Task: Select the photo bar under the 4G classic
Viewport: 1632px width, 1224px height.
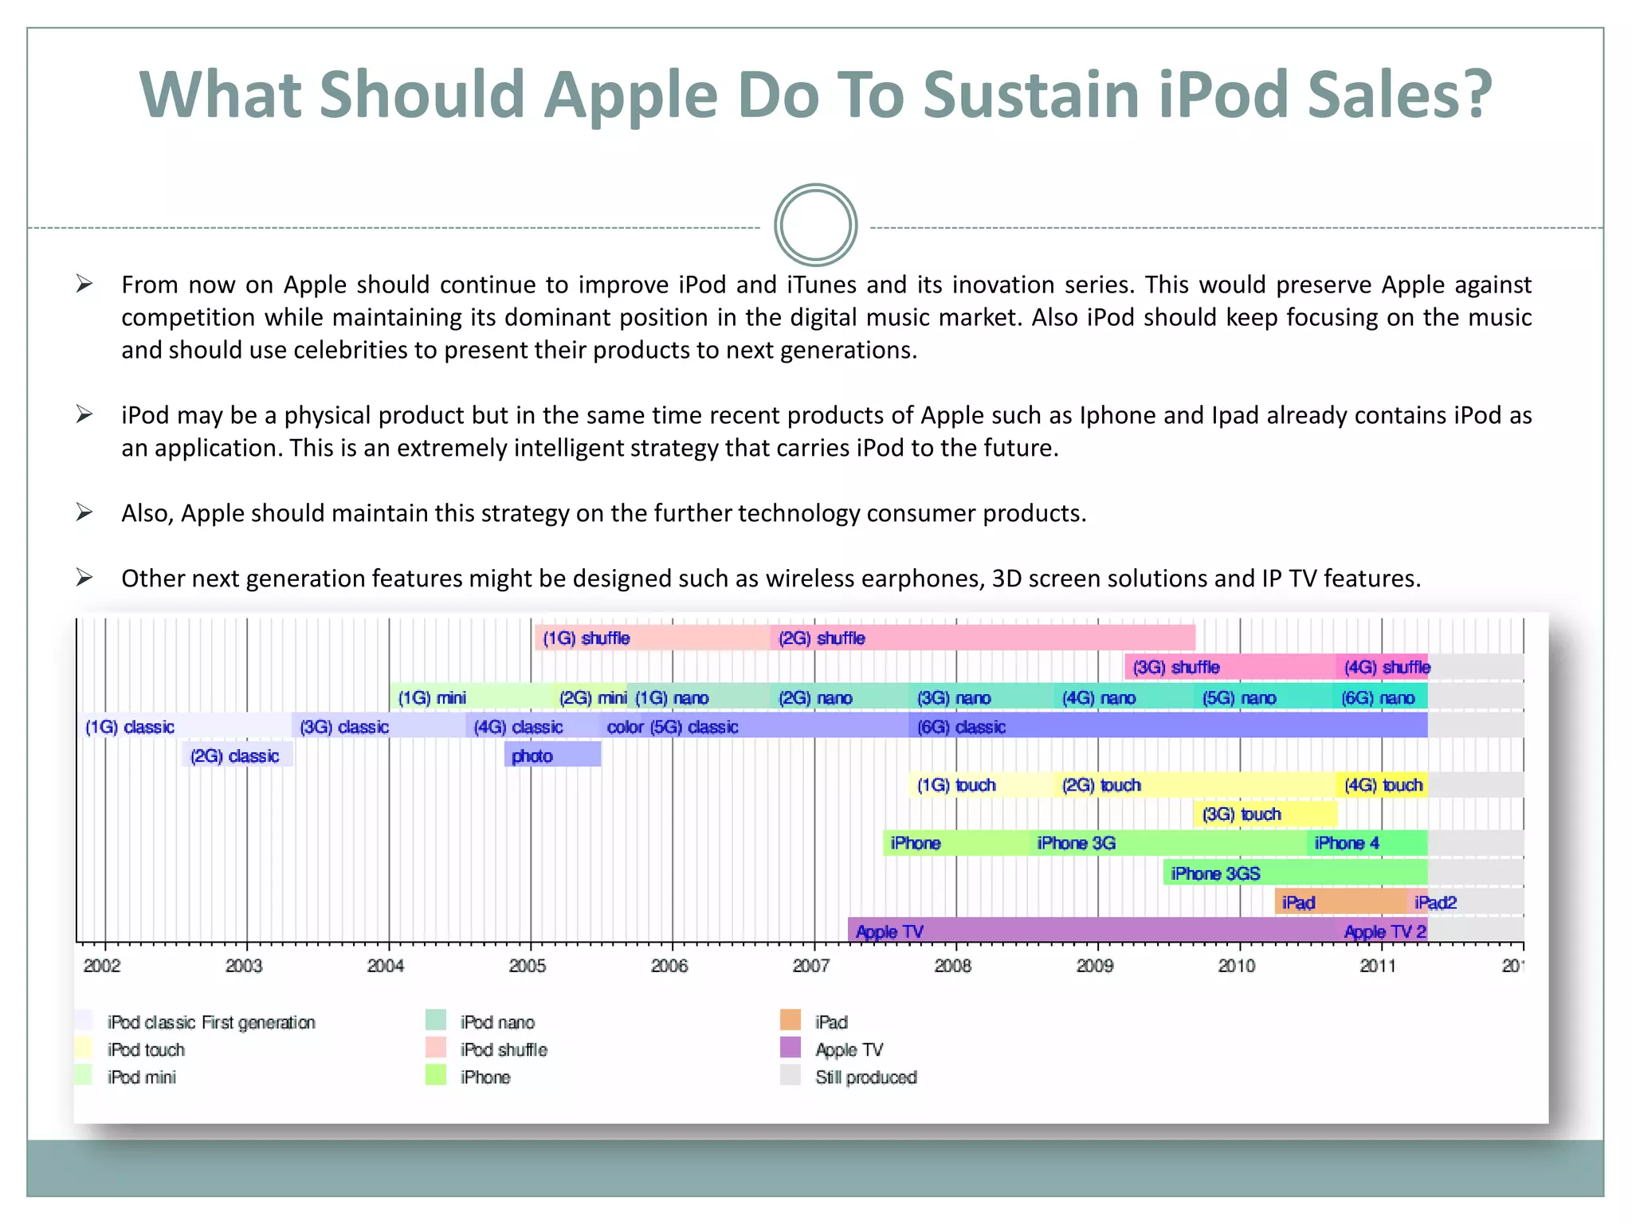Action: pos(552,755)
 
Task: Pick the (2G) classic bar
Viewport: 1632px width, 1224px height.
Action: pos(237,755)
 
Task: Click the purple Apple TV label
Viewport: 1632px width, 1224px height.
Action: pos(889,932)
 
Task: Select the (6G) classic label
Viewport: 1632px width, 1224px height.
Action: pos(961,727)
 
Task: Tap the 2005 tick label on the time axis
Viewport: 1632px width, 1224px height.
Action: pos(528,966)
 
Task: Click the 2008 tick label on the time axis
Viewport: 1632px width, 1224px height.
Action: pos(953,966)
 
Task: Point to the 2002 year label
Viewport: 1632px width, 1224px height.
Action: pos(102,966)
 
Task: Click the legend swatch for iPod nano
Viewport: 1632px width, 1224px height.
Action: pos(436,1020)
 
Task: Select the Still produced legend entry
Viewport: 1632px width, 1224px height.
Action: pos(865,1077)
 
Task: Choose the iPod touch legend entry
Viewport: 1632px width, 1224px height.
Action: pos(146,1049)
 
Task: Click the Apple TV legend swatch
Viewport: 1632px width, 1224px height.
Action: pos(790,1048)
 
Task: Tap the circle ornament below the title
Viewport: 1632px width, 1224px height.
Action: pos(815,226)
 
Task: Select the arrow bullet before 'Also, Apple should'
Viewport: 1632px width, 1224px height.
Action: pos(84,512)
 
